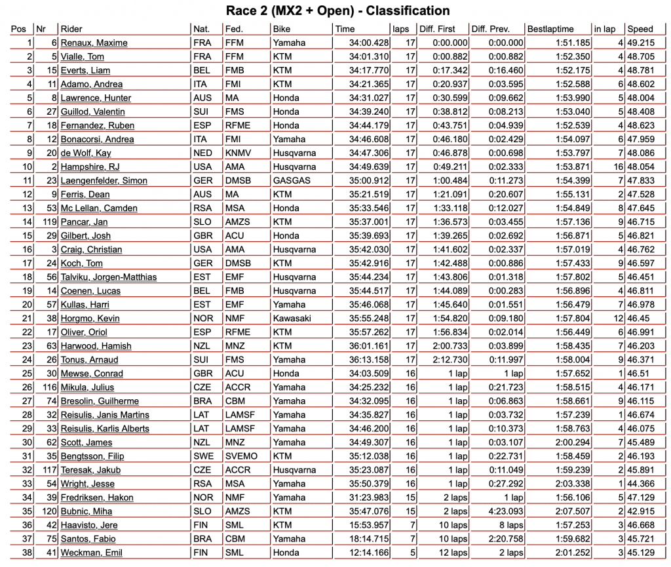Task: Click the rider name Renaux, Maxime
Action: coord(94,43)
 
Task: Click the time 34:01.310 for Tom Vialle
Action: coord(371,56)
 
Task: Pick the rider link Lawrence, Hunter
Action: coord(97,98)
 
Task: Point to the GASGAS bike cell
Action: coord(292,180)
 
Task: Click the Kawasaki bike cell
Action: coord(293,318)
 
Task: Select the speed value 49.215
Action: coord(641,43)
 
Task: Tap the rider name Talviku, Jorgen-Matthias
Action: coord(108,277)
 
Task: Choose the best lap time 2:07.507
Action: coord(572,511)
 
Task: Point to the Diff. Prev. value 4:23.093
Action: coord(505,511)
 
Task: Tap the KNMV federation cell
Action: coord(239,153)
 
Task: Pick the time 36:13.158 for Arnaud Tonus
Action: coord(371,359)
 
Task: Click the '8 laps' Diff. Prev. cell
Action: coord(508,524)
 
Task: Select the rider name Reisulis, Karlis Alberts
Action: coord(104,428)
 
